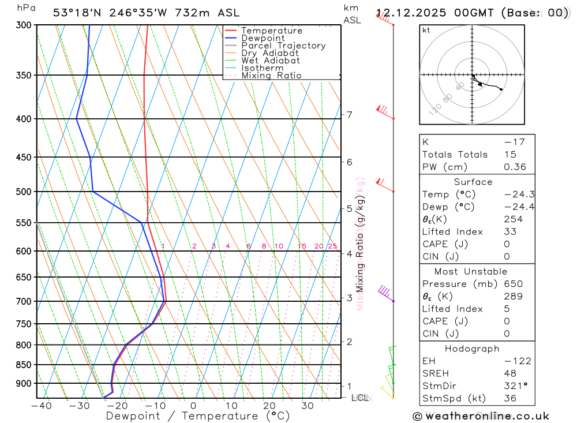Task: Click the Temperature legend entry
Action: (x=271, y=31)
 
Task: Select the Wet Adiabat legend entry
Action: (x=270, y=61)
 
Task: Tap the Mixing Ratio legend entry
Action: (x=271, y=76)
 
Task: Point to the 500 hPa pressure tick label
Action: (x=24, y=192)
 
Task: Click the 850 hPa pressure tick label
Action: (x=24, y=365)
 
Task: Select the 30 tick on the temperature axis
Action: (x=307, y=406)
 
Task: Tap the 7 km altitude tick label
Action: (x=350, y=115)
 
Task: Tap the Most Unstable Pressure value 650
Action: (x=512, y=284)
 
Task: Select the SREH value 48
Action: (x=509, y=374)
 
